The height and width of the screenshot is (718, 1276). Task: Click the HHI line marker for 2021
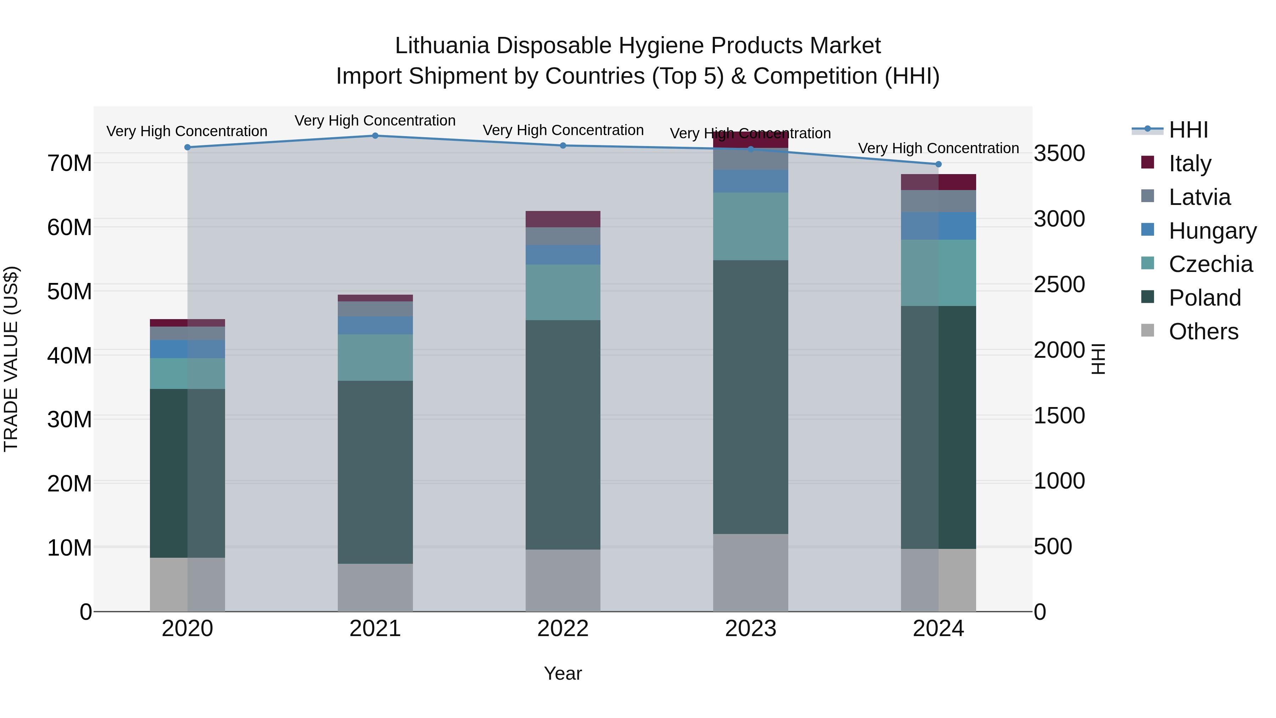pos(375,136)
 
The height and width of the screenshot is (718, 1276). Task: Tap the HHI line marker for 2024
pos(938,165)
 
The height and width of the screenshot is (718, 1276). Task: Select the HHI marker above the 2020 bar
pos(187,147)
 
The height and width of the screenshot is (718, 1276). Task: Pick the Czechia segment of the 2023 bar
pos(750,227)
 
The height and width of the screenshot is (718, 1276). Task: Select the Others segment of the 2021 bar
pos(375,587)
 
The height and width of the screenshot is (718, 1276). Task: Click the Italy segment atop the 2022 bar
pos(563,219)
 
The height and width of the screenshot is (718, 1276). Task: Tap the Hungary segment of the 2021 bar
pos(375,325)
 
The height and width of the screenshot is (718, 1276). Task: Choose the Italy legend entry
pos(1189,163)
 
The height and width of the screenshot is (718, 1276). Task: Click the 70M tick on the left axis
pos(69,163)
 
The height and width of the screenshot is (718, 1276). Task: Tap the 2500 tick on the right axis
pos(1059,284)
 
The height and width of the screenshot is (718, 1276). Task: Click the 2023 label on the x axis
pos(750,629)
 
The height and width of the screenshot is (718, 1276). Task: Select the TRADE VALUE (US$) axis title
pos(11,359)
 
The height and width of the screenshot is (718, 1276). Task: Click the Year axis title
pos(563,673)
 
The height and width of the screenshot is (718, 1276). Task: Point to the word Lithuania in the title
pos(442,46)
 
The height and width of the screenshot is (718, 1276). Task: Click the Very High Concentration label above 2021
pos(375,121)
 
